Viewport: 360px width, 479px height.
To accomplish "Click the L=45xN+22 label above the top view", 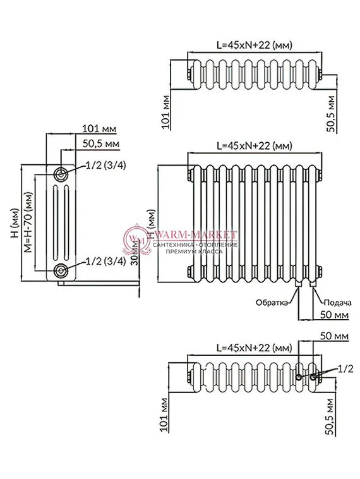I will tap(255, 45).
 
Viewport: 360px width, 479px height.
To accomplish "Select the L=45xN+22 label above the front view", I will tap(255, 145).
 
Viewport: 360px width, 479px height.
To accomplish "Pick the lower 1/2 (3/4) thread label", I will tap(105, 261).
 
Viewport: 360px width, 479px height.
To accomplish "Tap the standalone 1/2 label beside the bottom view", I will tap(345, 367).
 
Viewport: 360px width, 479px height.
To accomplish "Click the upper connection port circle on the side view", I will tap(61, 174).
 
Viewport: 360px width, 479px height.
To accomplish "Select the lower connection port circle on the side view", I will tap(61, 270).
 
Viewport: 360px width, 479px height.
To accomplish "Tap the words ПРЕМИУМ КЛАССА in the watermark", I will tap(197, 251).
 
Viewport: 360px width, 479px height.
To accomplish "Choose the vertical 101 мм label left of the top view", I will tap(165, 112).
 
